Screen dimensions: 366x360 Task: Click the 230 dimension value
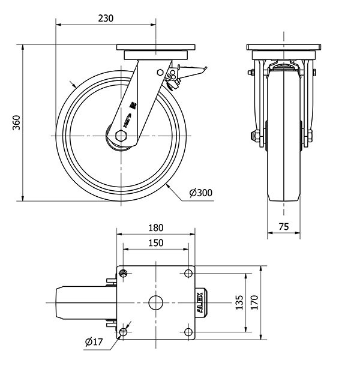click(106, 18)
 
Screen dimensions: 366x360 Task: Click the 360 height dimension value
click(16, 122)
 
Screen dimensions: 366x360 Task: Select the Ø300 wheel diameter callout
click(200, 193)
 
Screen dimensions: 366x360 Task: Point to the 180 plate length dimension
click(155, 228)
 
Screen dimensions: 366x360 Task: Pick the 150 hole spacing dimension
click(155, 242)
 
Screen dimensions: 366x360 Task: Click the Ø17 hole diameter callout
click(94, 343)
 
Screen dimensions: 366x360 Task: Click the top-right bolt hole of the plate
click(188, 274)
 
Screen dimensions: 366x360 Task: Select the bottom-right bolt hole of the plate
click(188, 332)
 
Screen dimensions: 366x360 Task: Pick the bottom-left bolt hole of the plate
click(124, 332)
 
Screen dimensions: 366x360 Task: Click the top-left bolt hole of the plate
click(124, 274)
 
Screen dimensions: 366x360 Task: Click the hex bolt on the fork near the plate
click(160, 73)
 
